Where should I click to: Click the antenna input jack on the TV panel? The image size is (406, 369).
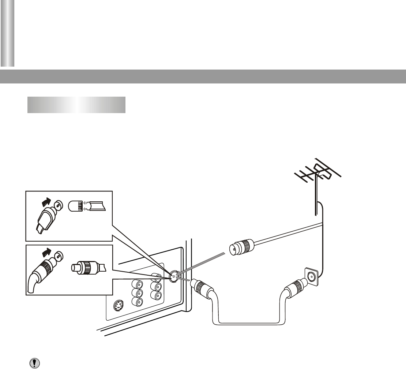(173, 277)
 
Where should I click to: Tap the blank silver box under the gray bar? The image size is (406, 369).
(76, 105)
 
